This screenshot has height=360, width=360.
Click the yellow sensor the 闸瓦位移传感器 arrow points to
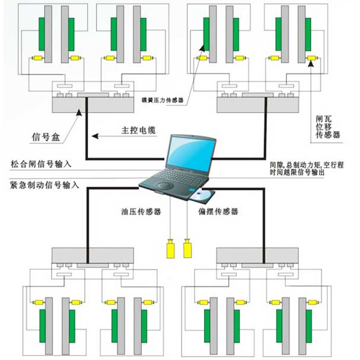point(311,58)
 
